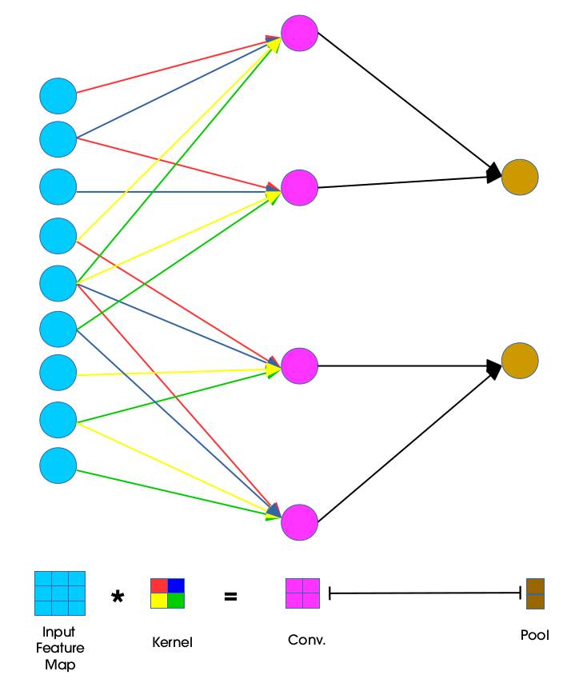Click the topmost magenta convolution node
[299, 33]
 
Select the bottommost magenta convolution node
[299, 522]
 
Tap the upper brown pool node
[520, 177]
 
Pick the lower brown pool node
[520, 361]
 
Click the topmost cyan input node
[58, 96]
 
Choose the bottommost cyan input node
[58, 465]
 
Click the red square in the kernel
[159, 585]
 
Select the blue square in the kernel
[176, 585]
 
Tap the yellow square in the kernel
[159, 601]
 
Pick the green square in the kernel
[176, 601]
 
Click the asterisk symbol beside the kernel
[118, 597]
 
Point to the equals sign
[230, 595]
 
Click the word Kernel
[172, 642]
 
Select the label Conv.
[306, 641]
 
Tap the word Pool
[534, 636]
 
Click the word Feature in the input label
[59, 648]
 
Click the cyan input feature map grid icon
[59, 593]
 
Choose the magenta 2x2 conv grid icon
[302, 593]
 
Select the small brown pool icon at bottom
[535, 593]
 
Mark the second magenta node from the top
[299, 188]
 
